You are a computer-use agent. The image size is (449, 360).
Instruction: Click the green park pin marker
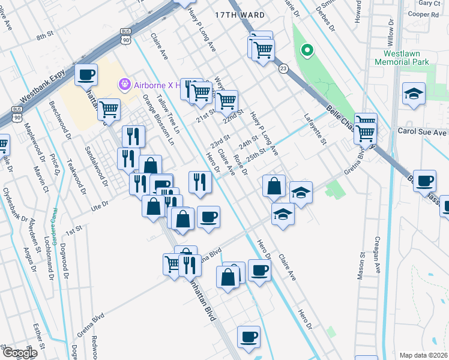pos(307,51)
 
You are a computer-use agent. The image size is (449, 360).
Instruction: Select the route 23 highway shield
pos(283,69)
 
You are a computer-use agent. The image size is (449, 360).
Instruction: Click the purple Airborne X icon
pos(124,85)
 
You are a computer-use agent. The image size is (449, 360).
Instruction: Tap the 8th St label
pos(45,37)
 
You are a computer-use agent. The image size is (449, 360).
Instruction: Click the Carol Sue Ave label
pos(423,131)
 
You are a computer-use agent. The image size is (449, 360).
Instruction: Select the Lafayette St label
pos(315,130)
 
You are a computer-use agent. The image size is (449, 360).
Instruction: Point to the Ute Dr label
pos(98,205)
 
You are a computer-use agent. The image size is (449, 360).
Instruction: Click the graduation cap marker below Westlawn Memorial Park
pos(414,94)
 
